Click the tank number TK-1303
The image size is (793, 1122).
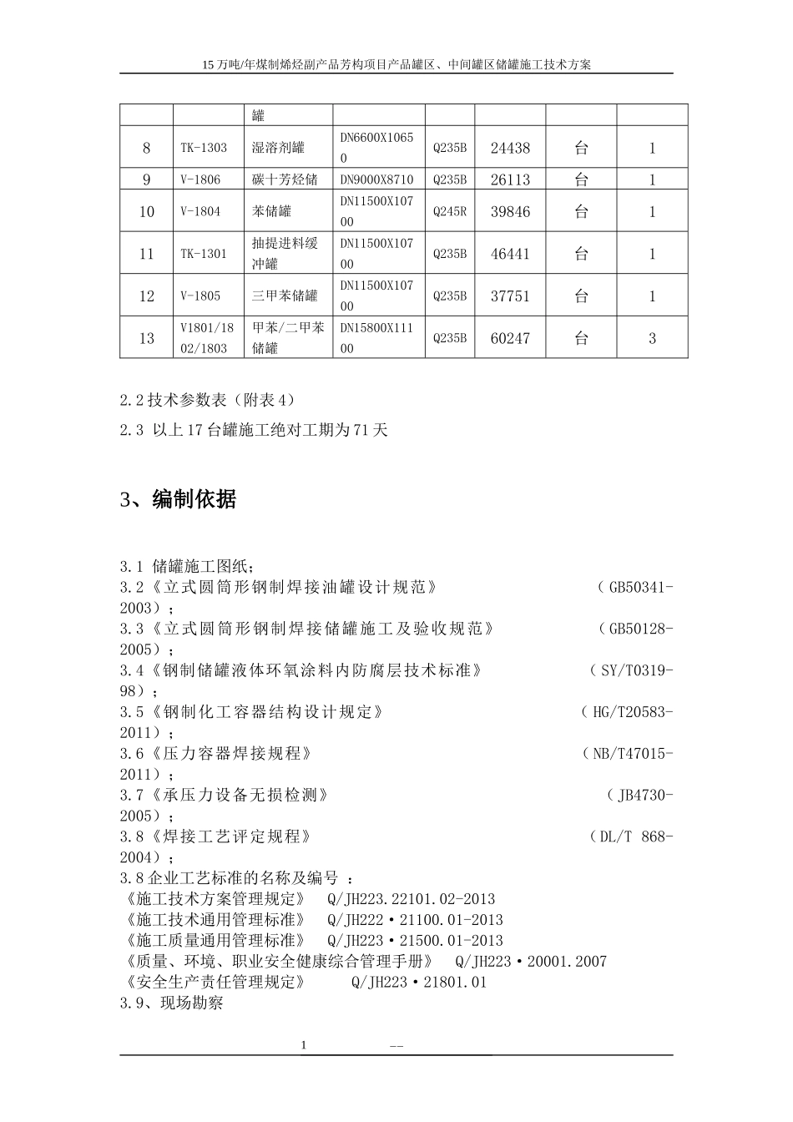tap(204, 148)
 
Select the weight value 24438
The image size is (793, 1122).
tap(510, 148)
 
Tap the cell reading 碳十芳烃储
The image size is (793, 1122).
tap(285, 179)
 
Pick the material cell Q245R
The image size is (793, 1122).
tap(450, 212)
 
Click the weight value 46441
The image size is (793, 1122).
tap(510, 254)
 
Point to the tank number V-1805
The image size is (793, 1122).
tap(200, 296)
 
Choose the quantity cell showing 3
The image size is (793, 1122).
tap(652, 338)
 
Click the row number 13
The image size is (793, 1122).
tap(147, 338)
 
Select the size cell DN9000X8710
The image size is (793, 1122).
tap(376, 179)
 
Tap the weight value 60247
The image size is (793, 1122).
tap(510, 338)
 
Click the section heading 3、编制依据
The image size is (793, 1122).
tap(178, 499)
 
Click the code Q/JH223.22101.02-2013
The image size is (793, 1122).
tap(411, 899)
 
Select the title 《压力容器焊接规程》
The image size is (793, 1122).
tap(232, 754)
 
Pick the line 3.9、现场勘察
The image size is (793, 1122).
tap(171, 1003)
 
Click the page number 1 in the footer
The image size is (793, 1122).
tap(304, 1045)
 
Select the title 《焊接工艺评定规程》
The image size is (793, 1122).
tap(231, 836)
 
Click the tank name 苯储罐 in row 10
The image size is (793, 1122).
tap(272, 212)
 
